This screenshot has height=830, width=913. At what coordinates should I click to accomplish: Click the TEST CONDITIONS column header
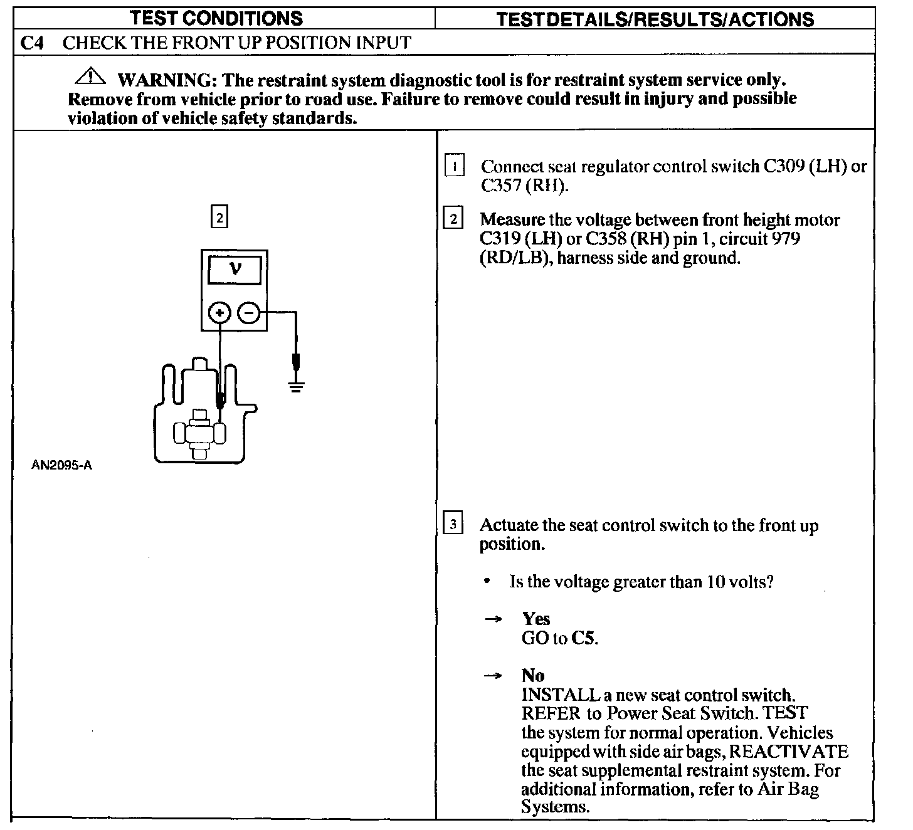[216, 18]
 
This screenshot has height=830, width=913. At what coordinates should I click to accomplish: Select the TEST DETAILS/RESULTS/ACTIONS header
[655, 19]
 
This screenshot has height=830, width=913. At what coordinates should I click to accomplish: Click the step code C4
[31, 43]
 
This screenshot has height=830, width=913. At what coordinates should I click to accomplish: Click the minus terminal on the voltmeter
[249, 312]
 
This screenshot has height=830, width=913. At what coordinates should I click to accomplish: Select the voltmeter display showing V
[235, 270]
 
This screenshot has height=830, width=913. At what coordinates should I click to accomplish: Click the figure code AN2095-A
[61, 465]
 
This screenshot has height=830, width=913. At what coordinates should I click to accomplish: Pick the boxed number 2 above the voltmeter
[219, 217]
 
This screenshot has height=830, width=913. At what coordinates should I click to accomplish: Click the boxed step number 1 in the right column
[454, 166]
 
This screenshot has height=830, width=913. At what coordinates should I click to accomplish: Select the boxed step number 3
[453, 523]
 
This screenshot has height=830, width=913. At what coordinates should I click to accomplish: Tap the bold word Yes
[536, 619]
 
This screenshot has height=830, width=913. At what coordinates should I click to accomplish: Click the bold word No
[533, 675]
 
